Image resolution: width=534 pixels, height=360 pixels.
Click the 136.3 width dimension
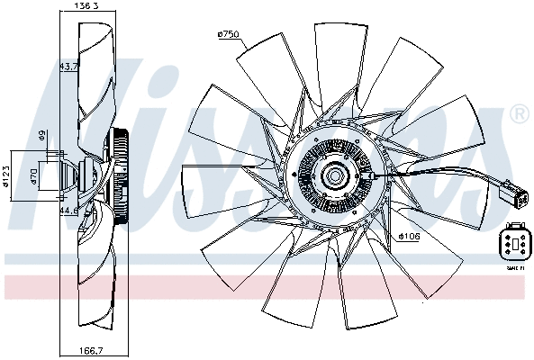pos(86,6)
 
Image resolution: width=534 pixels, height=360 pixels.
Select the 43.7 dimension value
pos(68,67)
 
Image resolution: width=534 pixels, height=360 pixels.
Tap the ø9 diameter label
pos(41,137)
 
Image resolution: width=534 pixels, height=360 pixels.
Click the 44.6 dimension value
pos(68,211)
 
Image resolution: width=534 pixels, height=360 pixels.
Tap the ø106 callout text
pos(408,238)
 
